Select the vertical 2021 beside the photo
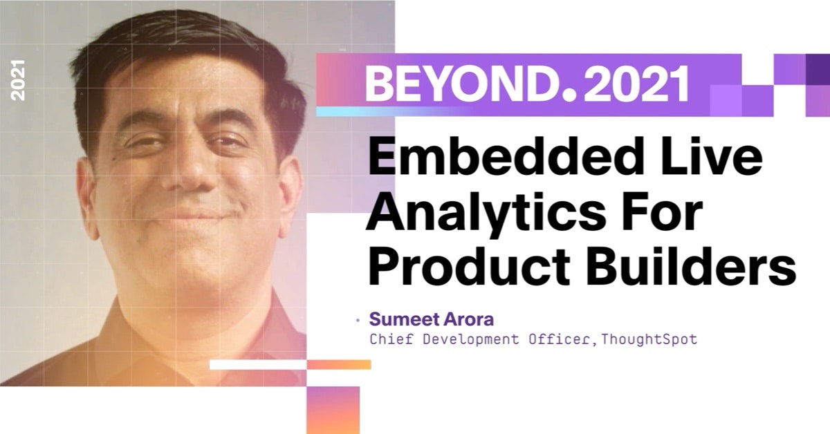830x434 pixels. (x=18, y=80)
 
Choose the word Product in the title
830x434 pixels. (x=469, y=267)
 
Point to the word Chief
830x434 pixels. (x=391, y=339)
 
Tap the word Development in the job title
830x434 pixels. (x=471, y=340)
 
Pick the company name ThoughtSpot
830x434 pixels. (x=649, y=339)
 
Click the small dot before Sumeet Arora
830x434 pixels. (x=358, y=320)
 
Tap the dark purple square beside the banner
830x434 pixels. (x=818, y=69)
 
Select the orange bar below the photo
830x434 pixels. (x=339, y=364)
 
